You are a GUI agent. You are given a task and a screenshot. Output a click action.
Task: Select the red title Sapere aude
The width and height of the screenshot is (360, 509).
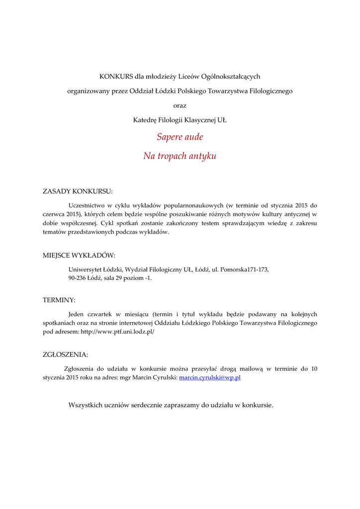click(x=180, y=137)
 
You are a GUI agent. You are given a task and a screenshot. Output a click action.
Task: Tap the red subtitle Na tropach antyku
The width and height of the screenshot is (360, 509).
click(x=180, y=156)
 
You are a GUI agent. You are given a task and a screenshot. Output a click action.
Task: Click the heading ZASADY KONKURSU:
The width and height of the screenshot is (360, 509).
click(x=78, y=191)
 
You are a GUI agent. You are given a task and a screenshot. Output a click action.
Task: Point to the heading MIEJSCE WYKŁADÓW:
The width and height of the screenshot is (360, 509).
click(x=79, y=255)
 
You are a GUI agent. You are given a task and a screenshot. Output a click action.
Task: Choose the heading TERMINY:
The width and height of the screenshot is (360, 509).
click(x=59, y=300)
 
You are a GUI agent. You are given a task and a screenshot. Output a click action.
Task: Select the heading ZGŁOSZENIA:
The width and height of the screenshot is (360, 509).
click(x=66, y=354)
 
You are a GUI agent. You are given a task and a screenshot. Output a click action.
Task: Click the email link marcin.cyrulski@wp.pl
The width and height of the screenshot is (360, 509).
click(x=210, y=378)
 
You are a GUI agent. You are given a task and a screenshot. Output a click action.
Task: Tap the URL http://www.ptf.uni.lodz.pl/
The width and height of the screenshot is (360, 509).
click(x=117, y=332)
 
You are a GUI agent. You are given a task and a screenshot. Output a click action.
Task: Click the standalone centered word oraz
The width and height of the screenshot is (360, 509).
click(x=180, y=105)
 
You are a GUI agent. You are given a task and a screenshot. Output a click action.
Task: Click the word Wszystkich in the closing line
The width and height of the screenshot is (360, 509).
click(x=84, y=405)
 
